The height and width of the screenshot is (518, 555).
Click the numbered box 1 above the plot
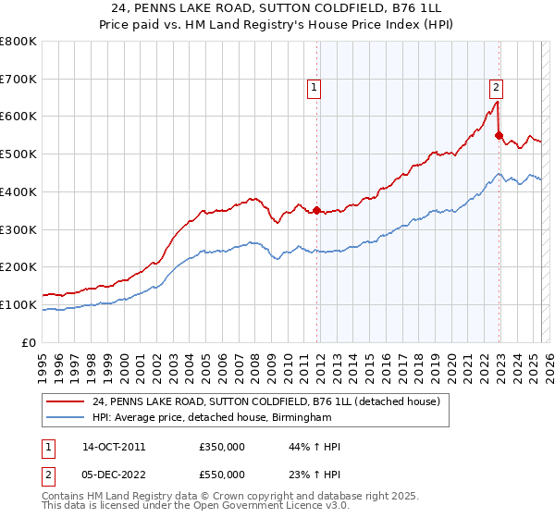pyautogui.click(x=314, y=88)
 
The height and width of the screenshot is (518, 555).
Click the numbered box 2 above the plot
pyautogui.click(x=496, y=88)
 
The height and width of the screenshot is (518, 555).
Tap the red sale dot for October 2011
pyautogui.click(x=317, y=210)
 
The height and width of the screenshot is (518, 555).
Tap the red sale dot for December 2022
pyautogui.click(x=499, y=135)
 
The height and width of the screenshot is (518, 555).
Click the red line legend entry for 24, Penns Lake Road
pyautogui.click(x=269, y=401)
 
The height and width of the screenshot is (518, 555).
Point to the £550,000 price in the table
pyautogui.click(x=221, y=475)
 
